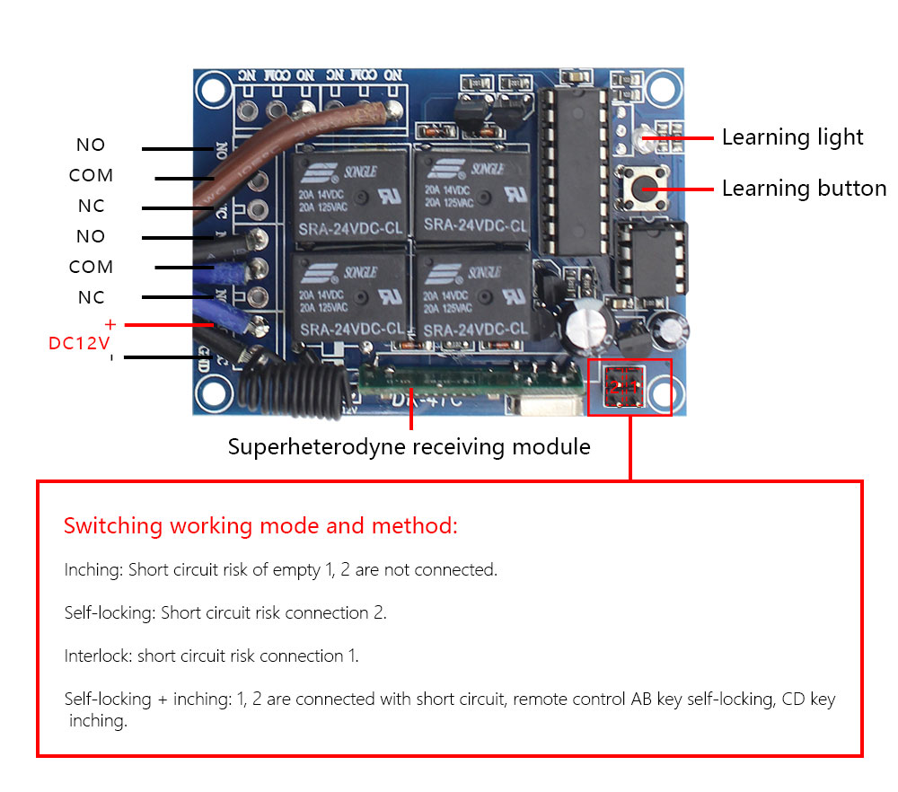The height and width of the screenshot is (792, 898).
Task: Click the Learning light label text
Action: [x=792, y=137]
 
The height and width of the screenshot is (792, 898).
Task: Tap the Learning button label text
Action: [x=804, y=189]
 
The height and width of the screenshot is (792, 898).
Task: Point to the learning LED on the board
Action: [x=638, y=138]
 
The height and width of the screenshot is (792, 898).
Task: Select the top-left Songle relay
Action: [x=348, y=193]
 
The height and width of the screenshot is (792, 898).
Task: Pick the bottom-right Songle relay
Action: [x=473, y=298]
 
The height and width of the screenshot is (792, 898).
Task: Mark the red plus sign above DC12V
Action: [x=110, y=324]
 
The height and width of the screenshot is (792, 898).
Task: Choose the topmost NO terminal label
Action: [x=91, y=145]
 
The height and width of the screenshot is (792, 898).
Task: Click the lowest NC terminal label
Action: [x=91, y=297]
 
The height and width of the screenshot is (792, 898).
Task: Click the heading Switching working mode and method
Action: [x=260, y=526]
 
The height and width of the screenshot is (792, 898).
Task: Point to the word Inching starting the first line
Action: [x=93, y=570]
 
